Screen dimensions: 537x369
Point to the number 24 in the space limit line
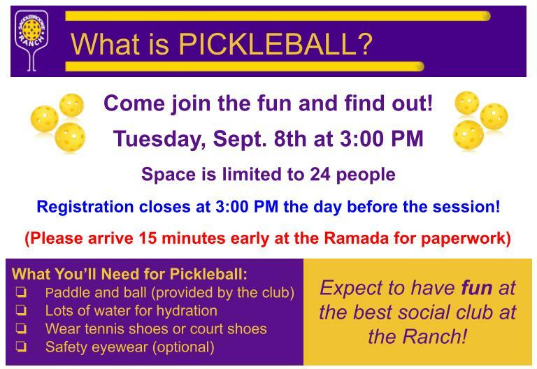click(320, 174)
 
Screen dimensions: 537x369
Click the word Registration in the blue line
click(85, 207)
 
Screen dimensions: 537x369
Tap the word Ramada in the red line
click(356, 238)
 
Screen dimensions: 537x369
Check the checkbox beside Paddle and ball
click(21, 292)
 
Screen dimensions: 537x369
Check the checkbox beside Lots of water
click(21, 310)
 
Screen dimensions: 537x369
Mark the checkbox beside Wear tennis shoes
click(21, 328)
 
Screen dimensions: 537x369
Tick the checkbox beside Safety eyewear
click(21, 347)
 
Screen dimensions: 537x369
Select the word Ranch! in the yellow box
click(435, 336)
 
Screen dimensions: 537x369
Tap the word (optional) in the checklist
click(183, 347)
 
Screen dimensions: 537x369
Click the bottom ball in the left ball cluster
click(70, 137)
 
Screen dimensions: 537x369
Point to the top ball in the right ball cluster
click(467, 103)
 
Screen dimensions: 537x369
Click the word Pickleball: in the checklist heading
click(208, 274)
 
